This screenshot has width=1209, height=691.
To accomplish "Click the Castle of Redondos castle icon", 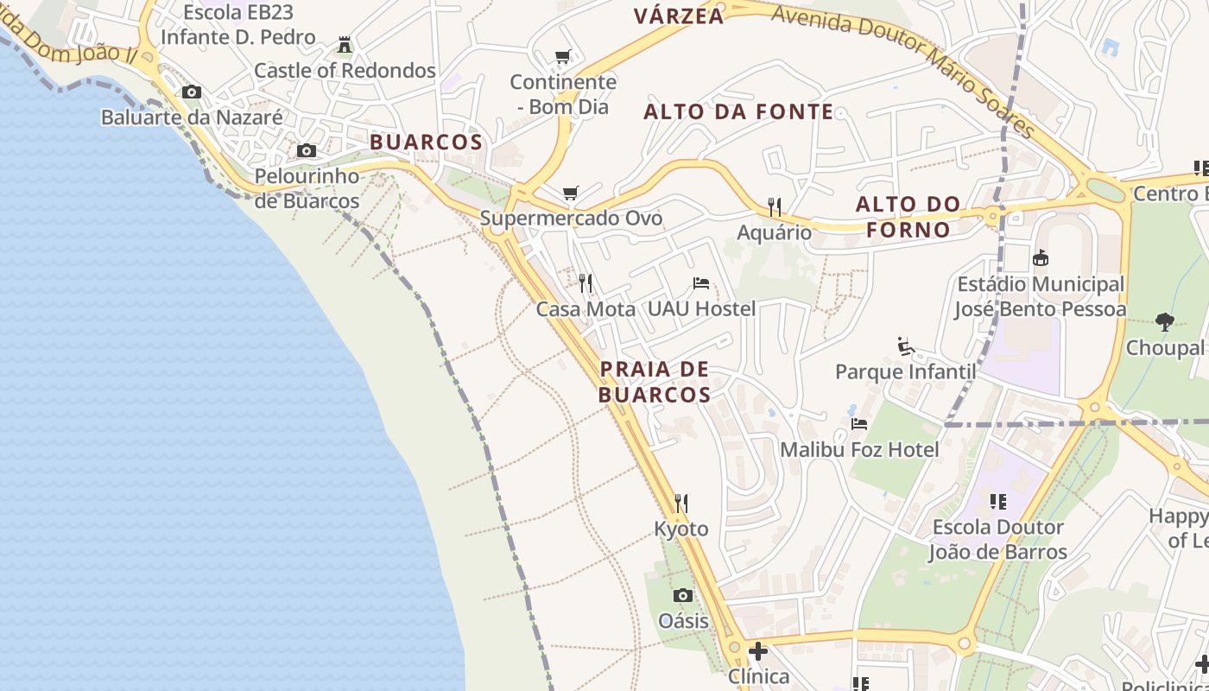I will pos(345,44).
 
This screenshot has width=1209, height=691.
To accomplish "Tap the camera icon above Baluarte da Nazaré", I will pos(192,92).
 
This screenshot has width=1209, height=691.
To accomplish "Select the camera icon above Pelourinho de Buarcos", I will pos(306,151).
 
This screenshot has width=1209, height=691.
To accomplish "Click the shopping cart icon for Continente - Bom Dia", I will pos(562,57).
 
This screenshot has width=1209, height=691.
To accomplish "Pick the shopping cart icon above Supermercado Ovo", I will pos(570,193).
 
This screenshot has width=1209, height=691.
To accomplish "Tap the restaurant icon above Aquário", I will pos(775,206).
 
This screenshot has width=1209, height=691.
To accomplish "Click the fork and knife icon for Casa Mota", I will pos(586,282).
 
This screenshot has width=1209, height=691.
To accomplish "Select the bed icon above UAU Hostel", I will pos(701,282).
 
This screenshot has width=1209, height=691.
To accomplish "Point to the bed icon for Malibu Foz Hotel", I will pos(858,423).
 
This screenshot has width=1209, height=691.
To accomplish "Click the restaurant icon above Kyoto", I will pos(681,503).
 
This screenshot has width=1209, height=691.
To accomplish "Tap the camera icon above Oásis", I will pos(682,595).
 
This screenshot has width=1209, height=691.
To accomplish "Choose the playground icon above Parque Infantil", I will pos(905,345).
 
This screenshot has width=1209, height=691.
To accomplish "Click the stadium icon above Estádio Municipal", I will pos(1041,257).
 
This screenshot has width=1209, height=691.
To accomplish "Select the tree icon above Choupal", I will pos(1165,322).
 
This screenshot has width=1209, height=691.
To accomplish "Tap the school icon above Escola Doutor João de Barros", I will pos(998,501).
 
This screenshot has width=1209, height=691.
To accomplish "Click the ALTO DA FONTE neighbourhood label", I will pos(738,111).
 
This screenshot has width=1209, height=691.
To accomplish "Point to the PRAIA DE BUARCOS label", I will pos(655,382).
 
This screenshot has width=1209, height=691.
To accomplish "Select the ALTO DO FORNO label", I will pos(908,217).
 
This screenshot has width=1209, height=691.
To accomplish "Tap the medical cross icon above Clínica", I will pos(758,650).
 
